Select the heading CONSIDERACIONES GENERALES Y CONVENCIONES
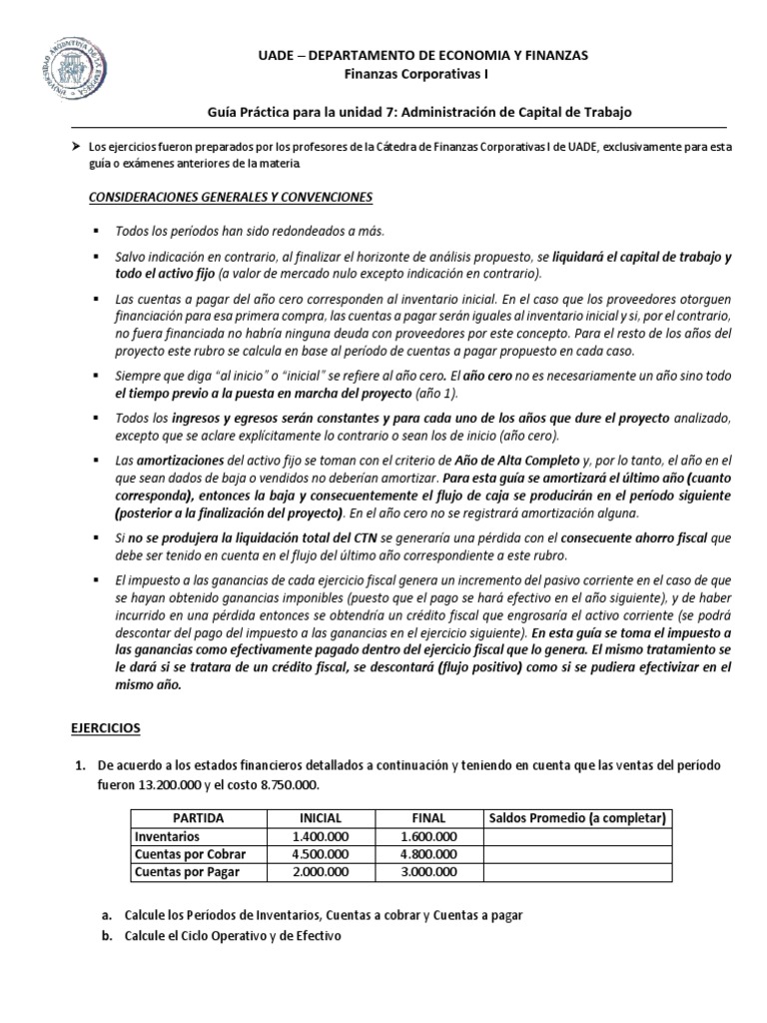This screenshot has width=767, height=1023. (x=231, y=197)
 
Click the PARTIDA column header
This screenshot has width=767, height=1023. (x=198, y=818)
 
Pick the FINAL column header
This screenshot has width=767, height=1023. (x=427, y=818)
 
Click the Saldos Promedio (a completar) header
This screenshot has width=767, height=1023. (x=575, y=818)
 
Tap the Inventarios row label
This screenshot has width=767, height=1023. (x=168, y=836)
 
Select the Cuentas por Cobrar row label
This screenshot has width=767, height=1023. (x=190, y=854)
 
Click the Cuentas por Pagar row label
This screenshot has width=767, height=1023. (x=187, y=872)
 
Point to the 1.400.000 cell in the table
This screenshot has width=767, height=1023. (x=321, y=836)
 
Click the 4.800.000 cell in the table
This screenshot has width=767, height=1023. (x=427, y=854)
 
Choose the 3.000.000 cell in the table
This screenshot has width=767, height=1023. (x=427, y=872)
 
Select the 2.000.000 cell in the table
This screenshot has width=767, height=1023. (x=321, y=872)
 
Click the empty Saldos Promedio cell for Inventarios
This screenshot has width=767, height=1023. (x=575, y=836)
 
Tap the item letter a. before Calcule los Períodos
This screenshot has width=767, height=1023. (x=107, y=915)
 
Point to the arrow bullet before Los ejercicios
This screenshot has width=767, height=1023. (x=74, y=148)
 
